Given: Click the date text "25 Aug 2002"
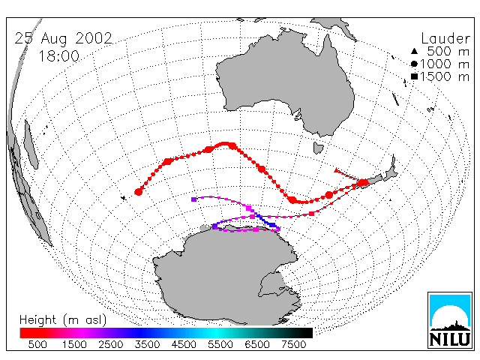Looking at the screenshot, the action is pos(63,38).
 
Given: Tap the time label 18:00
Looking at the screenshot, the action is pos(59,56).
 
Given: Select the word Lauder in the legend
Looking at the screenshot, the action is pos(445,38).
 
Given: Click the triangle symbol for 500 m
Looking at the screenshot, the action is pos(414,51).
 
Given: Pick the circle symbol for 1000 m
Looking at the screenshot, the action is pos(414,64).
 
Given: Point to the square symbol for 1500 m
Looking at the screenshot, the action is pos(414,76).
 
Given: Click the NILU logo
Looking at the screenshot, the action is pos(450,320).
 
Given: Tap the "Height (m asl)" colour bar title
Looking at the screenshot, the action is pos(63,320).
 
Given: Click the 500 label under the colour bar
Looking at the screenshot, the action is pos(37,344).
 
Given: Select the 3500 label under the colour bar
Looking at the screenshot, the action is pos(147,344).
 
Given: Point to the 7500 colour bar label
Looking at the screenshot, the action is pos(293,344).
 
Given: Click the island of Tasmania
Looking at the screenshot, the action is pos(318,148).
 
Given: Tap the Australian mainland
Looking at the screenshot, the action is pos(285,82).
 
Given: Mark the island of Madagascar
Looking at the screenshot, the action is pos(31,145).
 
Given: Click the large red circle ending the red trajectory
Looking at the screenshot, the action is pos(138,192).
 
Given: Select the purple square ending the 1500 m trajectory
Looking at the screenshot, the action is pos(193,199).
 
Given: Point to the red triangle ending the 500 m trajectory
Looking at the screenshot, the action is pos(337,170).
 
